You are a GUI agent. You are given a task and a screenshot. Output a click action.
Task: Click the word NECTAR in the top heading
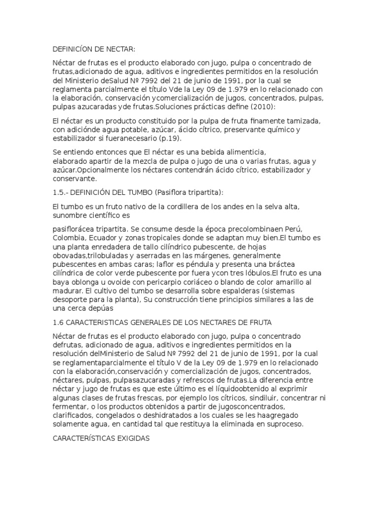(x=119, y=49)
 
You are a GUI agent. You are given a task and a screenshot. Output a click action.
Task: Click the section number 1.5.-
(x=62, y=192)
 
